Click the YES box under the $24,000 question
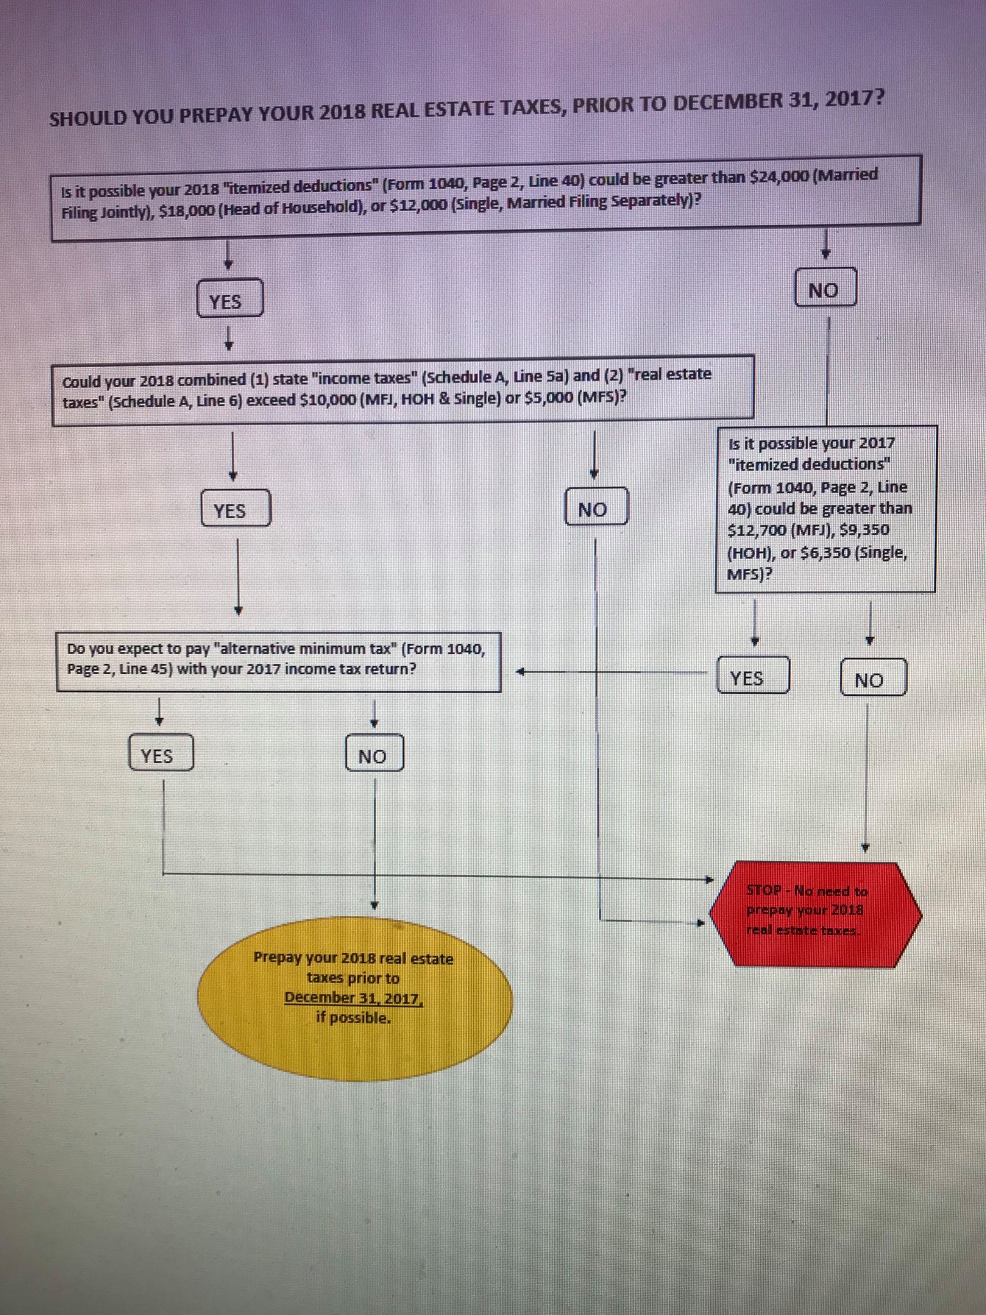229,299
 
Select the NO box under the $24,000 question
824,288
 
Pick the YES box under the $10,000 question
235,509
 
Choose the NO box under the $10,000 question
595,508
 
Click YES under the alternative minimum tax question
160,754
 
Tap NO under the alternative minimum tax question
374,754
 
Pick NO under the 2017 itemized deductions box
872,678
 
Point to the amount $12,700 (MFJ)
755,531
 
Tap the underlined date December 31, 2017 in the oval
354,998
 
